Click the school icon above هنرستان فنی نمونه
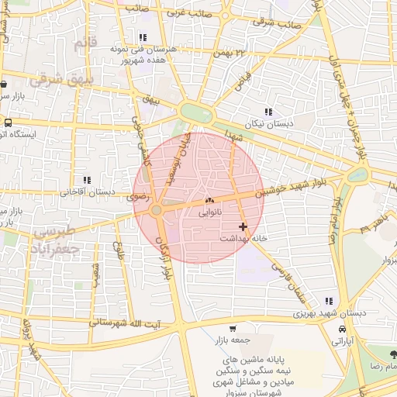coord(141,36)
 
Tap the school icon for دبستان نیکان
coord(268,112)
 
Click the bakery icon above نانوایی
coord(209,201)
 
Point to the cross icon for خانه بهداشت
coord(243,226)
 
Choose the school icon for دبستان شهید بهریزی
coord(329,301)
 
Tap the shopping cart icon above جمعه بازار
coord(233,327)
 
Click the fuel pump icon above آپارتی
coord(342,329)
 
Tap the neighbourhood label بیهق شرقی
coord(60,79)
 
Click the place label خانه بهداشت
coord(243,239)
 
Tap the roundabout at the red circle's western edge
coord(156,209)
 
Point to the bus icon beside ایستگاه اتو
coord(8,123)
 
